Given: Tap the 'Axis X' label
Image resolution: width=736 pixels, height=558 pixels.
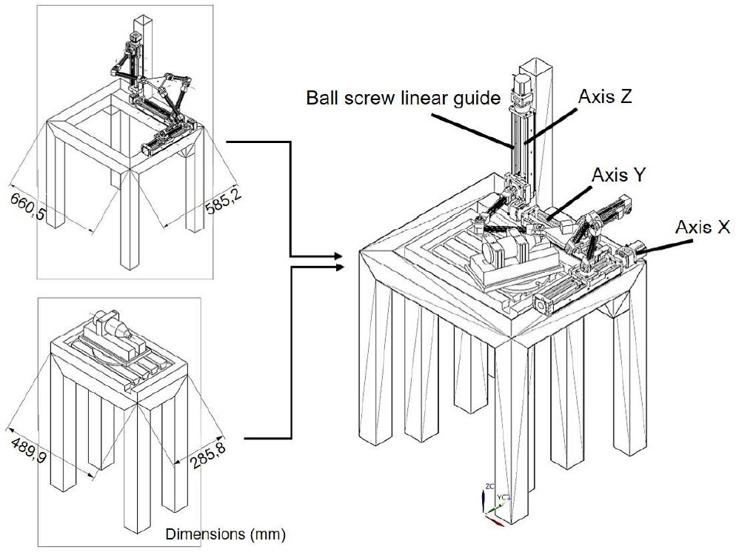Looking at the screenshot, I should click(x=703, y=227).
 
